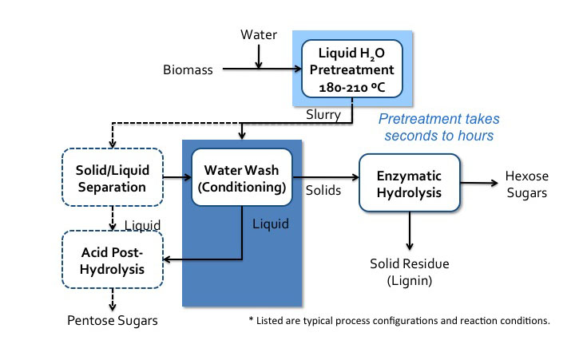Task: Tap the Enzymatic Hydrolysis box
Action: [410, 182]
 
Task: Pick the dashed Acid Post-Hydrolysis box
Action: [112, 260]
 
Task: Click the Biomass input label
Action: [189, 70]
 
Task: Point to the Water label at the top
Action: [258, 34]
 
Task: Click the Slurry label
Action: [323, 116]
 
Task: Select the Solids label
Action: [323, 192]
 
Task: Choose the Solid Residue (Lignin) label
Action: [410, 271]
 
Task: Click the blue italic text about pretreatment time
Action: [438, 127]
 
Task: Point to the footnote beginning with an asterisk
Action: [399, 321]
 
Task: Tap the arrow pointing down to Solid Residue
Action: [410, 231]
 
